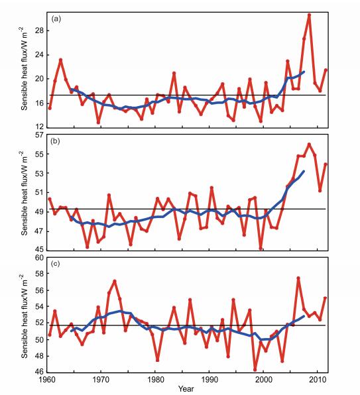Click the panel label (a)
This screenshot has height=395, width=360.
click(56, 19)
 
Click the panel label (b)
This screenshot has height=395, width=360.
click(55, 141)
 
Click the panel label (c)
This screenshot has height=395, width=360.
click(55, 264)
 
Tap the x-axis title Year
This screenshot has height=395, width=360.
click(186, 388)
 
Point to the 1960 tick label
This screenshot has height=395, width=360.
click(46, 379)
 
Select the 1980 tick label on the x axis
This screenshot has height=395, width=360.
click(155, 379)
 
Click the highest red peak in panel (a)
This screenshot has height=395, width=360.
click(310, 15)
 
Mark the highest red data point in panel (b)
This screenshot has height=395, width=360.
click(310, 144)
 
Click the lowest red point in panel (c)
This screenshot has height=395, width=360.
click(255, 370)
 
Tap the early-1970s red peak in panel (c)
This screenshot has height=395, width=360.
click(115, 281)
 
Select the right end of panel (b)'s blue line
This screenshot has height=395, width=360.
click(304, 171)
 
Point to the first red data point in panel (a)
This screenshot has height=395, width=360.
click(50, 108)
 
